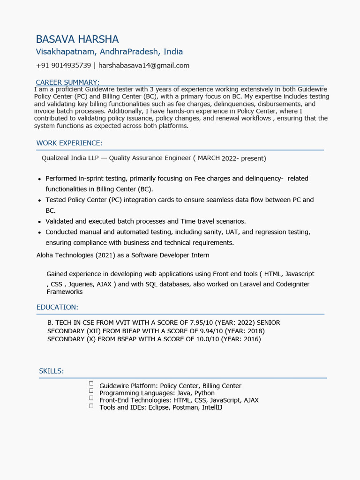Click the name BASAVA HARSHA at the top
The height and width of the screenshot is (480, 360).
(x=77, y=39)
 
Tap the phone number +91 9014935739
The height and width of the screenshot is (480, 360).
(x=63, y=66)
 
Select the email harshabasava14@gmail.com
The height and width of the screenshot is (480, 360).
(x=144, y=66)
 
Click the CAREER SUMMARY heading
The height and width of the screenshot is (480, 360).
(x=67, y=82)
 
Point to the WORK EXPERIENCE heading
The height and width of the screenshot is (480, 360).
(x=69, y=143)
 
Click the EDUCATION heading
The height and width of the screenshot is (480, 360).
(x=57, y=307)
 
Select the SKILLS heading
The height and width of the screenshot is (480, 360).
(x=51, y=371)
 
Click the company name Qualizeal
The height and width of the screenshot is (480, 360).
(x=56, y=158)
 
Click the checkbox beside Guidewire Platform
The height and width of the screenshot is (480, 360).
(x=91, y=383)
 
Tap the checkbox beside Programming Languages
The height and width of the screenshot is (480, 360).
(x=91, y=391)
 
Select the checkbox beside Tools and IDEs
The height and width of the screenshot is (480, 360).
(x=91, y=406)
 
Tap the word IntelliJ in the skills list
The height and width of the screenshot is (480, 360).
(x=212, y=407)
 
